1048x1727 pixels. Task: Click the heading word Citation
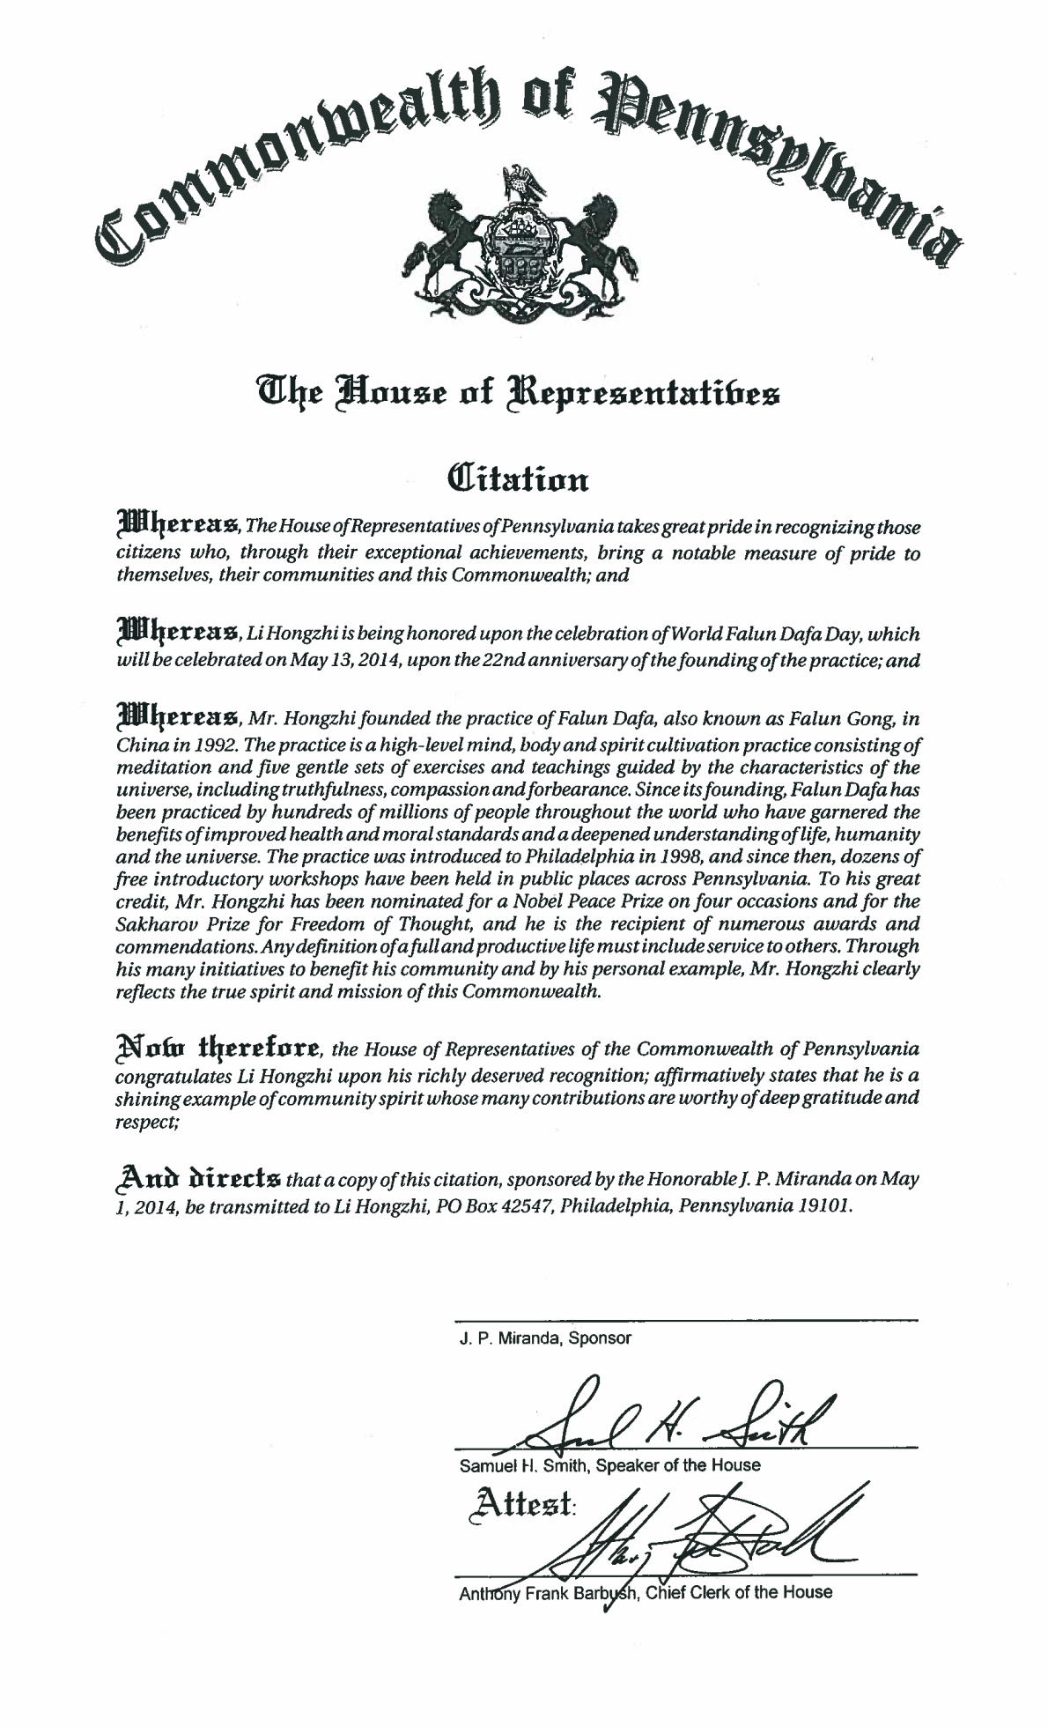point(518,480)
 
